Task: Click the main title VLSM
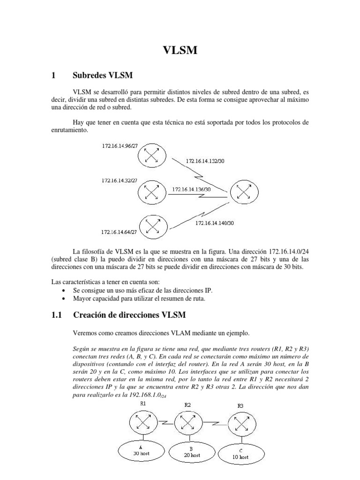[180, 50]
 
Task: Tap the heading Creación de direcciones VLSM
[132, 315]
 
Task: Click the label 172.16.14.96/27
[120, 146]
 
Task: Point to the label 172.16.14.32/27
[120, 180]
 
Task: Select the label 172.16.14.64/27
[120, 232]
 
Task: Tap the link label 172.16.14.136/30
[191, 189]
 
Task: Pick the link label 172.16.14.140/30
[215, 223]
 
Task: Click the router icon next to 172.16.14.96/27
[151, 156]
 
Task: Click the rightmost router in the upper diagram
[243, 191]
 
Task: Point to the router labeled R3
[240, 424]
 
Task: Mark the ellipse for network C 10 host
[240, 453]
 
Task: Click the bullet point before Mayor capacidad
[63, 298]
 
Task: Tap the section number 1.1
[57, 315]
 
